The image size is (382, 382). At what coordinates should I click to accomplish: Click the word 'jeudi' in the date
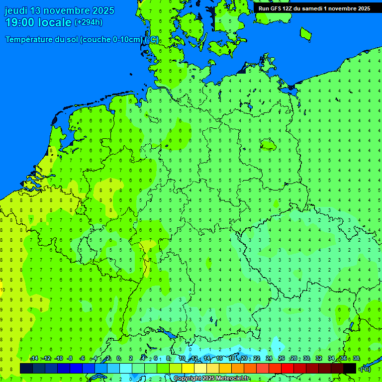[x=16, y=10]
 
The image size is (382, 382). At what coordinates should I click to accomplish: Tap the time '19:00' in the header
[x=20, y=22]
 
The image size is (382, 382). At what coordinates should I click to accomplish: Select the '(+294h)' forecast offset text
[x=89, y=22]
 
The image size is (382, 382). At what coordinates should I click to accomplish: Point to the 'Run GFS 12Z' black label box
[x=314, y=8]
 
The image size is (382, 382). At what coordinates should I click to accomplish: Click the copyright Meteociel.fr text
[x=212, y=379]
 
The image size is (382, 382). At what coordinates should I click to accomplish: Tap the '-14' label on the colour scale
[x=34, y=359]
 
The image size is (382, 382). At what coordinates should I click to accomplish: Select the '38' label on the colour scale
[x=356, y=359]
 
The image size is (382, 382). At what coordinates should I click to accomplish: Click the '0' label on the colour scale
[x=118, y=359]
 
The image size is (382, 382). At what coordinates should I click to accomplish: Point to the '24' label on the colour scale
[x=269, y=359]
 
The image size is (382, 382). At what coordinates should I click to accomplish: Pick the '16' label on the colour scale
[x=219, y=359]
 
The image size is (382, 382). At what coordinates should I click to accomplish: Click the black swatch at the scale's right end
[x=350, y=368]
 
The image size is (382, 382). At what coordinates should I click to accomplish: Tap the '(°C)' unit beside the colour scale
[x=365, y=369]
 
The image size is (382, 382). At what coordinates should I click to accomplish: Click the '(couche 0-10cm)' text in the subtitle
[x=111, y=40]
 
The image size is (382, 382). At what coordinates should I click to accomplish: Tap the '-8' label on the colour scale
[x=70, y=359]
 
